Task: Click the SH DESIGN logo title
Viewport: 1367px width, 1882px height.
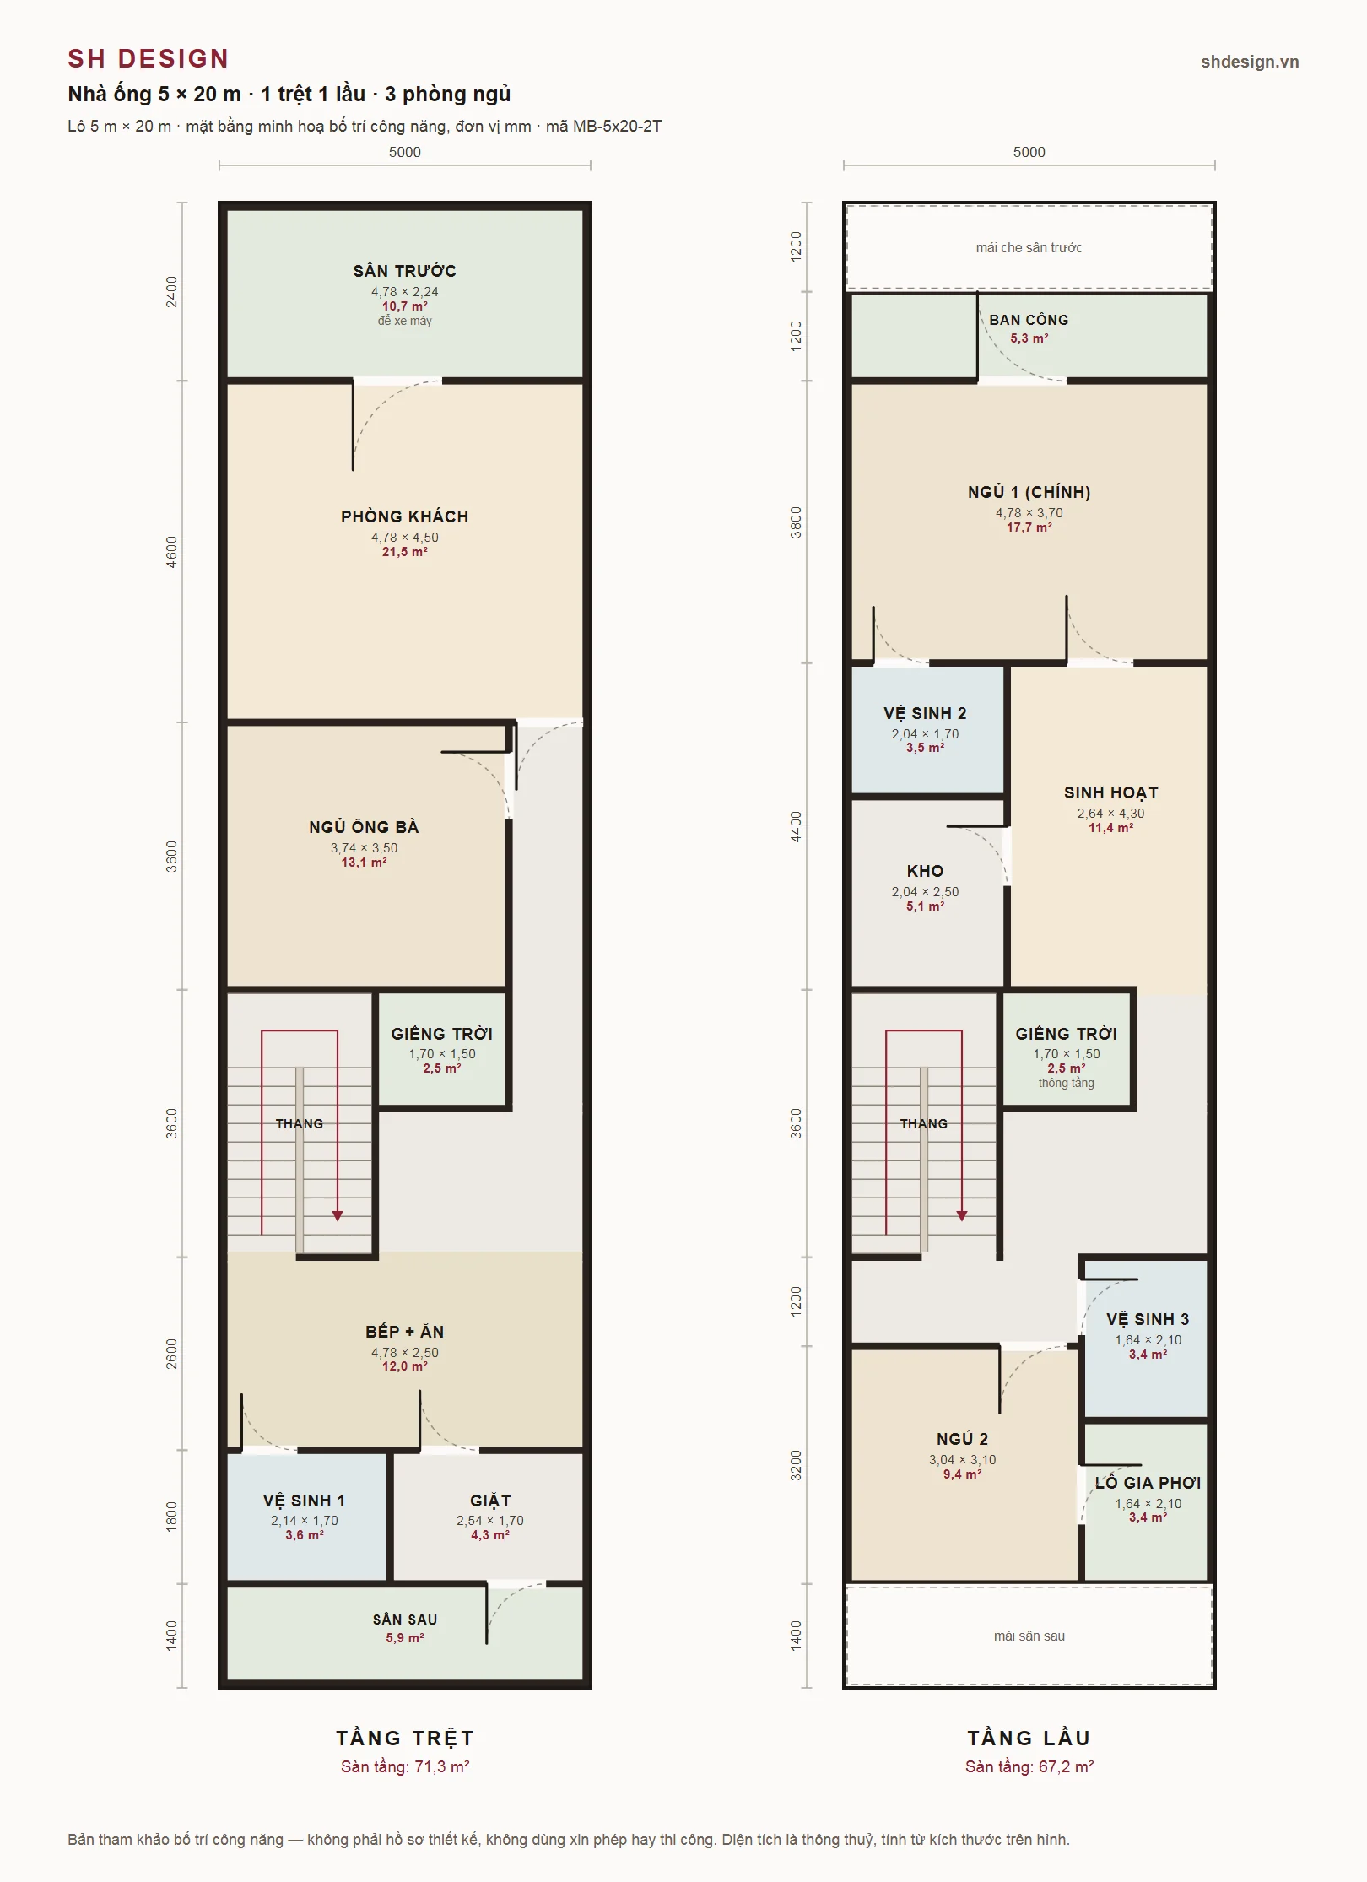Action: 149,58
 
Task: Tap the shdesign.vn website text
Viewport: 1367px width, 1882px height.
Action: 1250,62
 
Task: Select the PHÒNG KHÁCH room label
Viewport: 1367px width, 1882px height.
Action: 405,516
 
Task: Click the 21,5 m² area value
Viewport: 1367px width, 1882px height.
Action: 405,552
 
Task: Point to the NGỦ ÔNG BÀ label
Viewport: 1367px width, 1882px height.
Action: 364,827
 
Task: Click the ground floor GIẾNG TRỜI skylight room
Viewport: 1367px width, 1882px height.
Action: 442,1049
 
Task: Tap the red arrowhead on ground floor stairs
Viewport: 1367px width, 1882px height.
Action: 338,1216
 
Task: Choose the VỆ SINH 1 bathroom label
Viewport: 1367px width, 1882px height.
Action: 304,1501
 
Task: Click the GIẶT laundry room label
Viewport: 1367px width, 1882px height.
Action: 490,1501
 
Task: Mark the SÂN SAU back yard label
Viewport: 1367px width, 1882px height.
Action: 405,1620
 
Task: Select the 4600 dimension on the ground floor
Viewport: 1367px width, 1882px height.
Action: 172,552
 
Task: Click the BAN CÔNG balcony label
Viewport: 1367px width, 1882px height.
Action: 1029,320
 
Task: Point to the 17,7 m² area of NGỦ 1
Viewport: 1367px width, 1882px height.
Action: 1029,527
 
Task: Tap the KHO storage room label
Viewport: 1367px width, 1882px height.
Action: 925,871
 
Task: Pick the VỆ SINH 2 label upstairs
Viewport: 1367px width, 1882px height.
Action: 925,713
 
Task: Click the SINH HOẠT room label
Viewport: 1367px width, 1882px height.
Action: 1110,792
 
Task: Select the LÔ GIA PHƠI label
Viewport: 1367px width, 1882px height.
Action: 1148,1483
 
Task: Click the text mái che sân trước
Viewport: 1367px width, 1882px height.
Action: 1029,247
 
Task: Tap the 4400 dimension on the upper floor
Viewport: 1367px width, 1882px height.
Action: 797,826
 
